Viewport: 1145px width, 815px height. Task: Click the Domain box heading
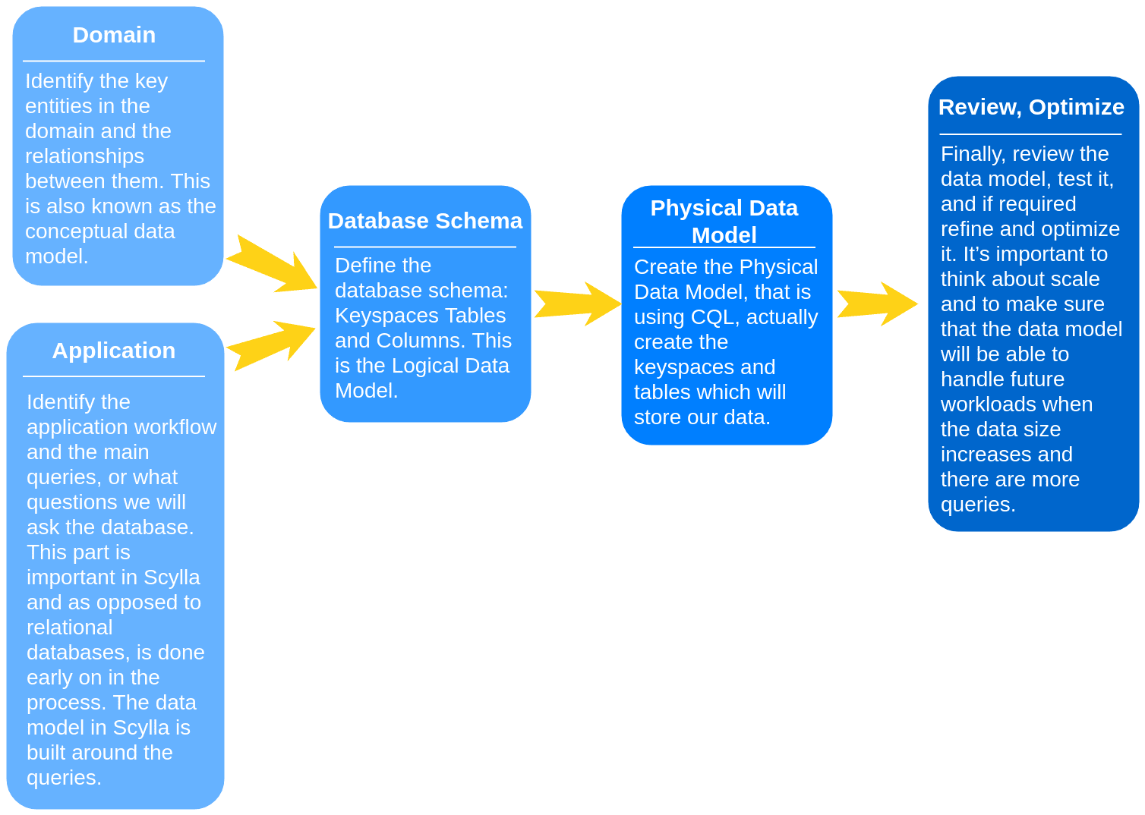point(114,35)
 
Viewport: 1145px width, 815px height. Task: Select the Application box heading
point(114,351)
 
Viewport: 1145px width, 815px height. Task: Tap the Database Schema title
point(424,221)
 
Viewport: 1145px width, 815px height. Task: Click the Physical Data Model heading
point(724,221)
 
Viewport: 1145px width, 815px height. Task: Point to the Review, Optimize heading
point(1031,107)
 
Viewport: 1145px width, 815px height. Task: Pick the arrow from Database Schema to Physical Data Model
point(577,304)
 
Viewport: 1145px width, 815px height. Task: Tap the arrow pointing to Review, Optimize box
point(878,304)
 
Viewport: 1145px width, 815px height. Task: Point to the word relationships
point(84,156)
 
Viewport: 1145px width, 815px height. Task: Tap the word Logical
point(433,366)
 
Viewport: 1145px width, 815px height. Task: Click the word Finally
point(973,154)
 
